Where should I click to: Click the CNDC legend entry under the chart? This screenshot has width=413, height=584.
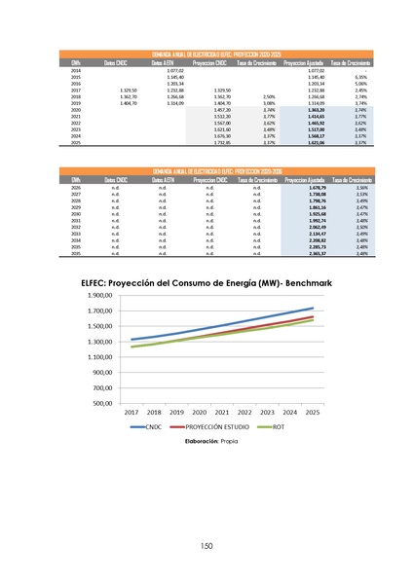pyautogui.click(x=149, y=426)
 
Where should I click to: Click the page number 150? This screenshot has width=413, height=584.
pyautogui.click(x=206, y=545)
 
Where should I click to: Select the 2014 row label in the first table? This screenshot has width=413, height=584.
pyautogui.click(x=76, y=71)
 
